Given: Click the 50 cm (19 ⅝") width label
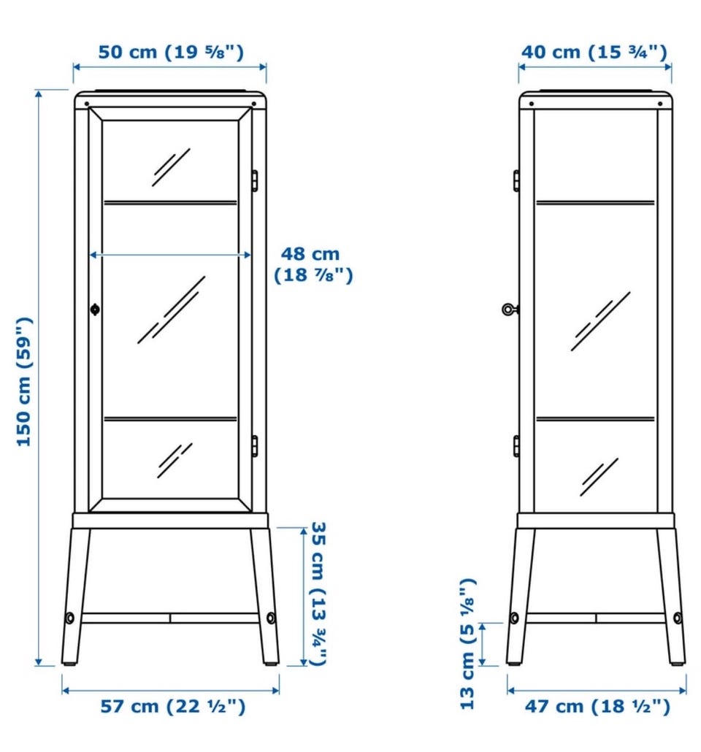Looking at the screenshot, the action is tap(171, 51).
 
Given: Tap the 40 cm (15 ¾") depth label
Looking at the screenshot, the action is tap(594, 51).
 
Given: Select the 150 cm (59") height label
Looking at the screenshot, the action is tap(24, 381).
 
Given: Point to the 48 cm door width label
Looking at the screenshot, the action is tap(313, 264).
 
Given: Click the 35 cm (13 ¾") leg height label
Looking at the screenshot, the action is tap(318, 594).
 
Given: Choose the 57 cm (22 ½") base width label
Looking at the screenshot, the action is tap(173, 706).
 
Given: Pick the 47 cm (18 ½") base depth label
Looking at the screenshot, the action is tap(597, 706).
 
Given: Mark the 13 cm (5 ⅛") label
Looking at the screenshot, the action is tap(467, 644).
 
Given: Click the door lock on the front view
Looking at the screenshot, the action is tap(95, 310).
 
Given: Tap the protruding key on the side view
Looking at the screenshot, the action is tap(510, 310).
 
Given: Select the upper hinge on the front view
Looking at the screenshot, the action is tap(255, 181).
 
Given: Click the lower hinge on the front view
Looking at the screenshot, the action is tap(255, 446).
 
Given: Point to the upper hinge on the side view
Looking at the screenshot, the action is tap(516, 181).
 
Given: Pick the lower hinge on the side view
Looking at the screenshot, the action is tap(516, 446).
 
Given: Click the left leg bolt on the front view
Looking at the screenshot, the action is tap(70, 618).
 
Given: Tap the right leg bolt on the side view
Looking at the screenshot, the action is tap(678, 618).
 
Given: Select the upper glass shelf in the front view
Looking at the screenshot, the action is tap(171, 203).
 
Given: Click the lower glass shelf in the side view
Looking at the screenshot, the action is tap(595, 419).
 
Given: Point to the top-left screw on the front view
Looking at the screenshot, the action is tap(86, 104).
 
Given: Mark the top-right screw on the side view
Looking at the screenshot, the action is tap(660, 104).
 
